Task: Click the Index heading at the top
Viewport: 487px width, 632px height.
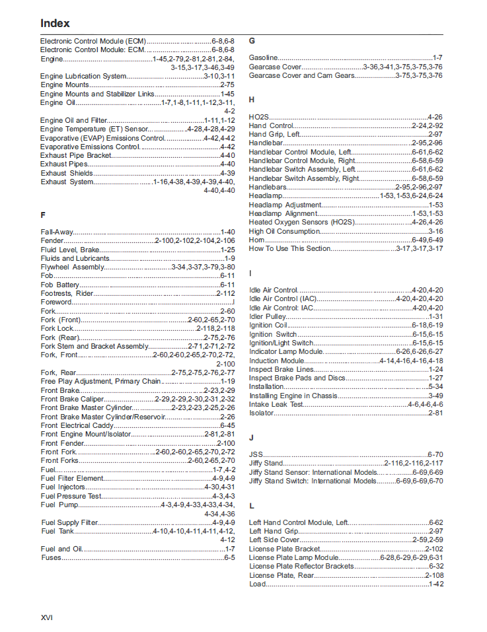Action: click(55, 23)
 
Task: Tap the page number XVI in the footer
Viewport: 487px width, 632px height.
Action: click(46, 617)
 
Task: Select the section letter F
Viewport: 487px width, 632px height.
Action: click(43, 215)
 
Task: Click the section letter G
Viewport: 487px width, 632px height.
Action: click(252, 40)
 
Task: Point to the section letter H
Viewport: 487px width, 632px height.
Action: click(252, 100)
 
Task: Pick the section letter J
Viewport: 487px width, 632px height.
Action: click(251, 437)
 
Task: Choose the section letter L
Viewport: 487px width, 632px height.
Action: click(252, 505)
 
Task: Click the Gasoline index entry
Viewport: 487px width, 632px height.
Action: click(264, 57)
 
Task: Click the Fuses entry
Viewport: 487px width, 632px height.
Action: click(51, 557)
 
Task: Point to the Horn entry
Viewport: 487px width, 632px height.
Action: click(257, 240)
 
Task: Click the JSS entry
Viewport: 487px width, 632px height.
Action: click(256, 454)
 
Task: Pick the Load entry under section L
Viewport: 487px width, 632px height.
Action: click(257, 584)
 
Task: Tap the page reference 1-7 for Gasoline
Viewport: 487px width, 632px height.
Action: click(437, 57)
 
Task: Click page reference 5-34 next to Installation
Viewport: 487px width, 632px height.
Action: click(435, 386)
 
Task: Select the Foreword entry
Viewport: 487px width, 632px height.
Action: click(56, 302)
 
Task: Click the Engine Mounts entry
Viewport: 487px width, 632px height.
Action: click(64, 85)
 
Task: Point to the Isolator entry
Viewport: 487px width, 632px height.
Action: click(261, 413)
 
